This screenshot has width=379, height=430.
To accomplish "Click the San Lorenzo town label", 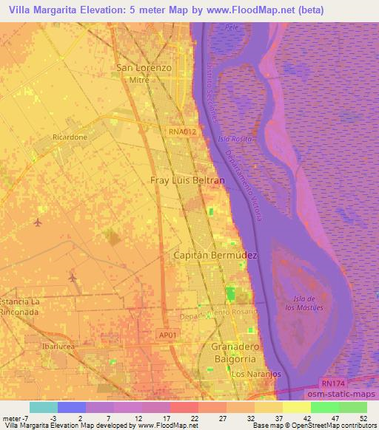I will (144, 67).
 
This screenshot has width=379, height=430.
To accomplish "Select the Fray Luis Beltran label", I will (182, 180).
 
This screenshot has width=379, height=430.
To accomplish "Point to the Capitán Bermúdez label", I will (215, 255).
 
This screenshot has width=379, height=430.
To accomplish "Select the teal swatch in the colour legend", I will (43, 406).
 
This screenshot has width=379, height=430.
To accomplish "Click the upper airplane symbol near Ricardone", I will (38, 222).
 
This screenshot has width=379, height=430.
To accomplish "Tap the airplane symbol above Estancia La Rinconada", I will (73, 278).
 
